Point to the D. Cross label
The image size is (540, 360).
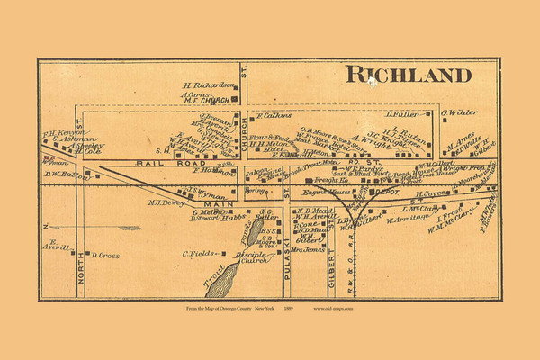pyautogui.click(x=105, y=255)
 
